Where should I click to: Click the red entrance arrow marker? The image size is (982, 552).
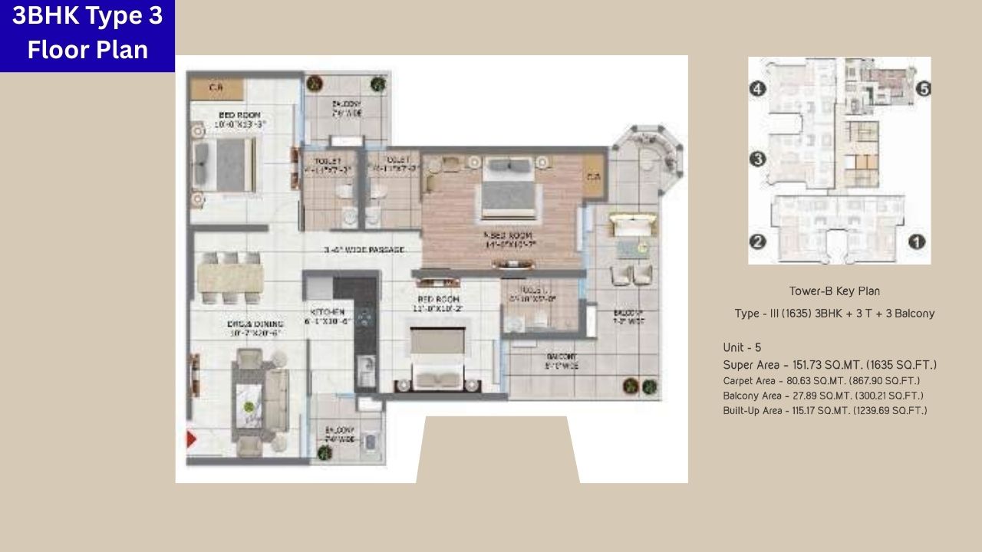(191, 440)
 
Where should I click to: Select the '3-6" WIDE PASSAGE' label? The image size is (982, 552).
(363, 250)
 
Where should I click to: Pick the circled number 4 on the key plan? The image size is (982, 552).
(758, 89)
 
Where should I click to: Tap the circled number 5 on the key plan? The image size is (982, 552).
(923, 89)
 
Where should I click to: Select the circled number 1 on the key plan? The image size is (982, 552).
(916, 242)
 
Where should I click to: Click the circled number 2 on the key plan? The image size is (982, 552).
(758, 242)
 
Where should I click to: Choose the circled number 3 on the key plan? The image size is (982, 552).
(758, 159)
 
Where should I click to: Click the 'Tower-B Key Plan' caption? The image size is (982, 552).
(834, 291)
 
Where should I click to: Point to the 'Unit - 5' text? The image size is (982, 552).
(742, 347)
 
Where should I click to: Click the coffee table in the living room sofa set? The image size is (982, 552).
(249, 402)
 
